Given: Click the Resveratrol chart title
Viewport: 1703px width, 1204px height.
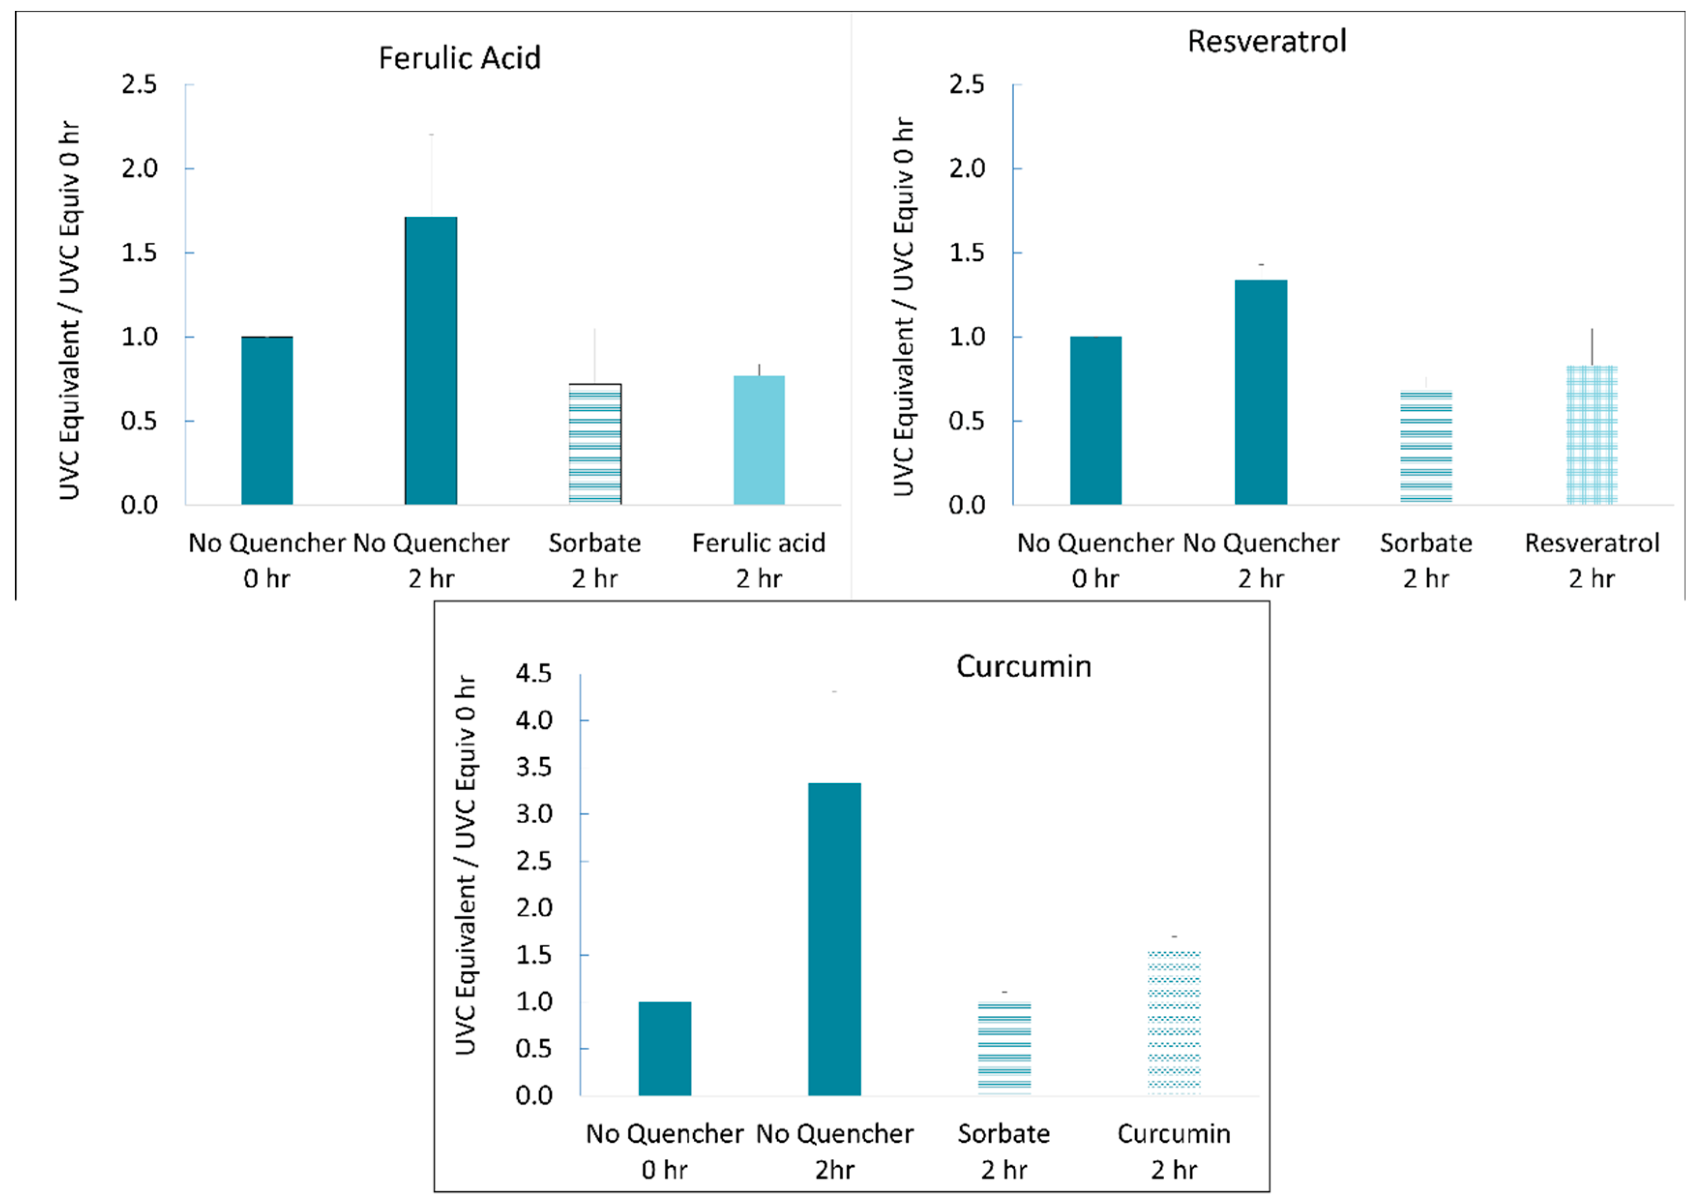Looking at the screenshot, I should pyautogui.click(x=1266, y=41).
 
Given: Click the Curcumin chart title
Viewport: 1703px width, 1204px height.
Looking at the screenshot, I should pyautogui.click(x=1023, y=666).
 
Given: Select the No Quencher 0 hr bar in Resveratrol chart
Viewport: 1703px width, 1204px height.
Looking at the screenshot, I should pyautogui.click(x=1096, y=421).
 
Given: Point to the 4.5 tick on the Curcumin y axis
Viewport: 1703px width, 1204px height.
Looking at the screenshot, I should pyautogui.click(x=534, y=673).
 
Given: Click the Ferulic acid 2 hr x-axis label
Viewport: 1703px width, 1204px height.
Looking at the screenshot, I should pyautogui.click(x=759, y=560).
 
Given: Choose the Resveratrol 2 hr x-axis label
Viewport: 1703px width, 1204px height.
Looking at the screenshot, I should pyautogui.click(x=1592, y=560).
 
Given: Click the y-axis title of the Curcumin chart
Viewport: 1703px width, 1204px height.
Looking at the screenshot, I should pyautogui.click(x=465, y=864).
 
